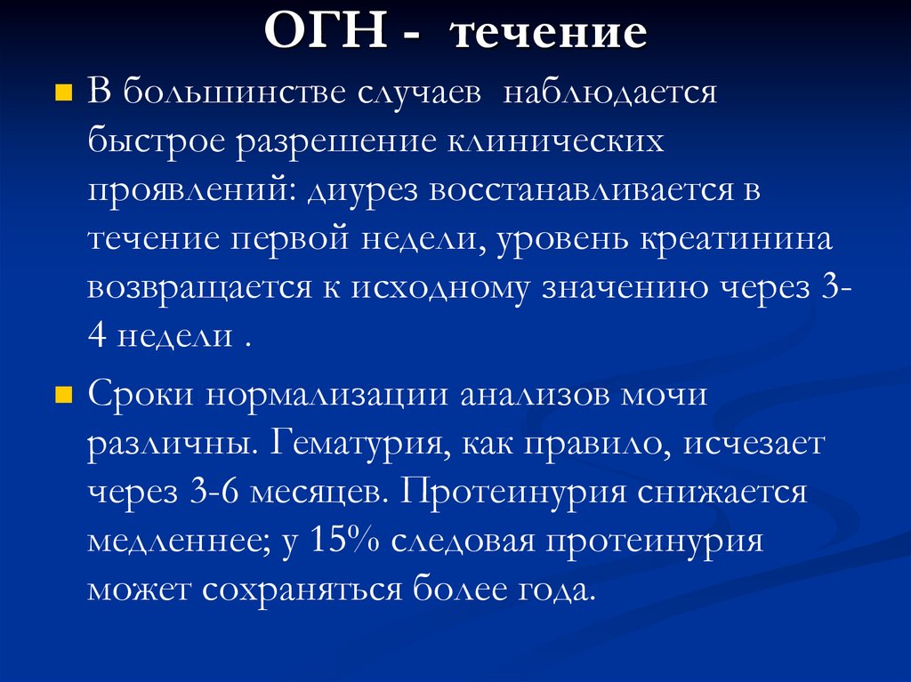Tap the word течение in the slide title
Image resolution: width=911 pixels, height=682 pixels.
[549, 35]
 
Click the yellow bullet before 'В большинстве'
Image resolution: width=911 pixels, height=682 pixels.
[63, 92]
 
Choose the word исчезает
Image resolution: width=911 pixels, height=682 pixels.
[754, 444]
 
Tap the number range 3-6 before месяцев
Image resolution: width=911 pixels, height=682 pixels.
[189, 492]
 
